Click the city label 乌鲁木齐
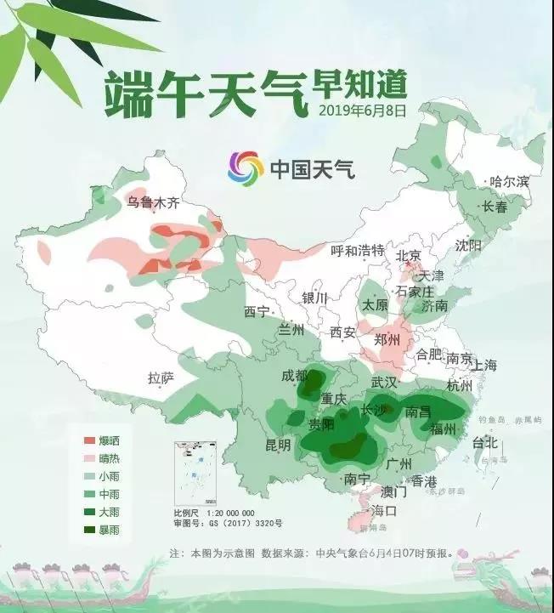point(153,202)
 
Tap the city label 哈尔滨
point(510,182)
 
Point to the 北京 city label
point(410,256)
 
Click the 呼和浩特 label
point(358,251)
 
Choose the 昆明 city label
point(278,445)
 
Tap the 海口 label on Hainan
point(384,510)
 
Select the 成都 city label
point(295,376)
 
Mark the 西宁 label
point(256,311)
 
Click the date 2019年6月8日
point(363,110)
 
